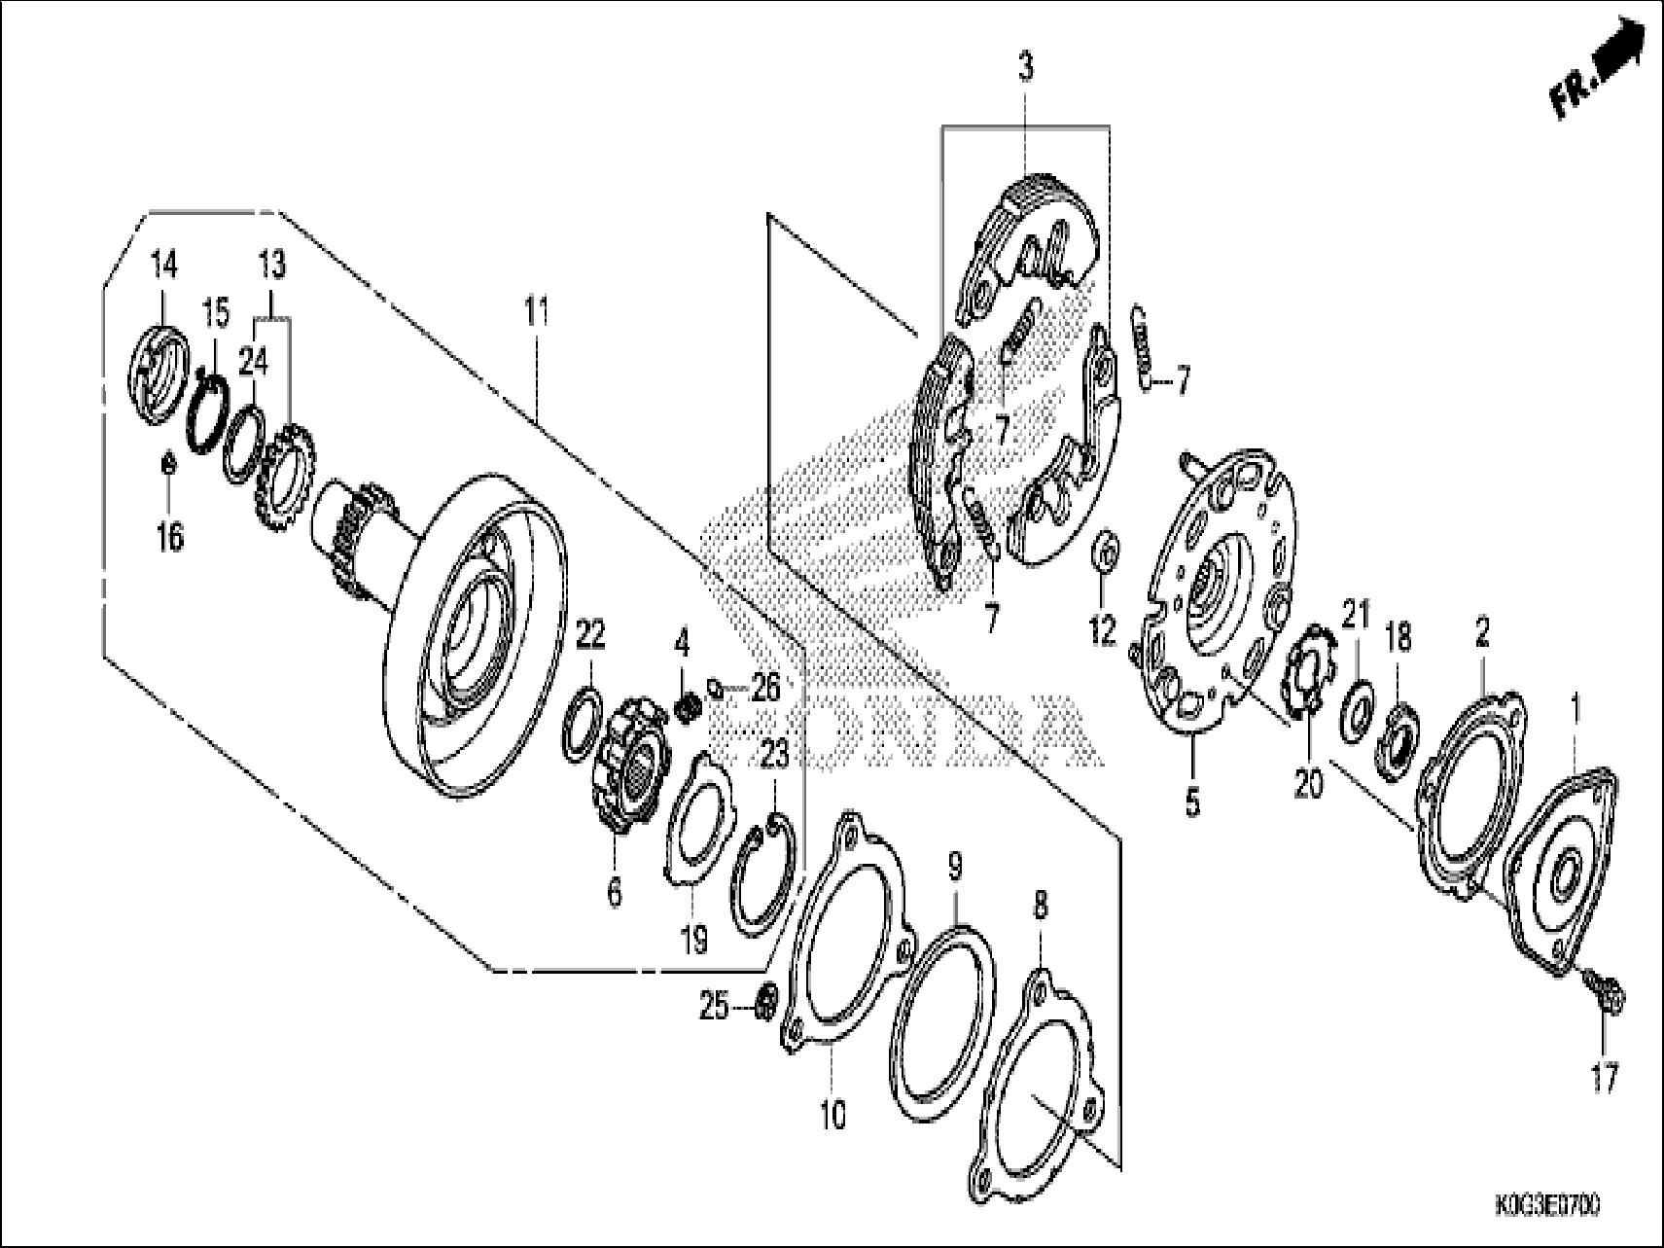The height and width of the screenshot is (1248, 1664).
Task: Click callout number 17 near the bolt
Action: point(1604,1077)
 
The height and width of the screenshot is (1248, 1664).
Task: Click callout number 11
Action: point(537,313)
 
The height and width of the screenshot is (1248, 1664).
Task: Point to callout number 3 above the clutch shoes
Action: point(1026,68)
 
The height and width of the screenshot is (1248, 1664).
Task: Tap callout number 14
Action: point(163,264)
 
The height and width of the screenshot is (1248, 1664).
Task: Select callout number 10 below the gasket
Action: point(832,1115)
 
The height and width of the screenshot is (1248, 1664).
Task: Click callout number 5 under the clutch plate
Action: point(1192,802)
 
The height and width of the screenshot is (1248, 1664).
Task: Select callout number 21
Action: point(1356,615)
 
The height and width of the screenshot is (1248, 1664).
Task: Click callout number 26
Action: point(765,689)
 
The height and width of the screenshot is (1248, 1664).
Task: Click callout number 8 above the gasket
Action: point(1041,907)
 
